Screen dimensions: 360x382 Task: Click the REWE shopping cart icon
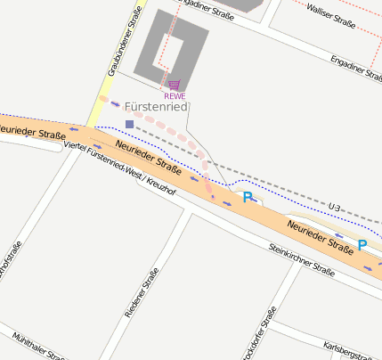tap(174, 86)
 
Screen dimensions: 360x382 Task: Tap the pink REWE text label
tap(175, 95)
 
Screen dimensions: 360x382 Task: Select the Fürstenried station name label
tap(156, 107)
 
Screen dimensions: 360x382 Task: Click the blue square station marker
tap(129, 124)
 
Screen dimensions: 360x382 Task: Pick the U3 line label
tap(335, 208)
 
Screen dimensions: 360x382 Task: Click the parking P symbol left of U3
tap(248, 197)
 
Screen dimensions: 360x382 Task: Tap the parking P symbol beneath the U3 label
tap(362, 244)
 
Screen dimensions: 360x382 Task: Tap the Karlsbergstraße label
tap(353, 348)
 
